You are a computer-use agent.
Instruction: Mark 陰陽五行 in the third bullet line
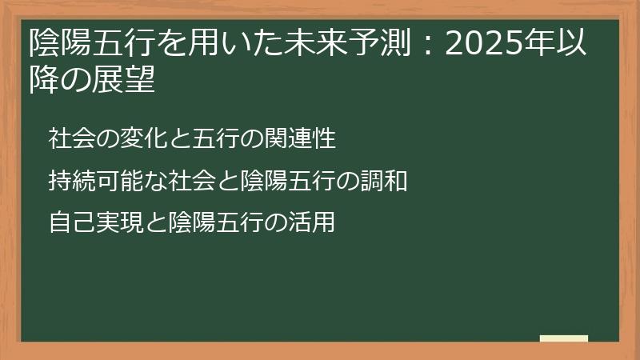click(x=219, y=223)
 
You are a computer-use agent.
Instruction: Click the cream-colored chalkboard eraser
click(x=564, y=339)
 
